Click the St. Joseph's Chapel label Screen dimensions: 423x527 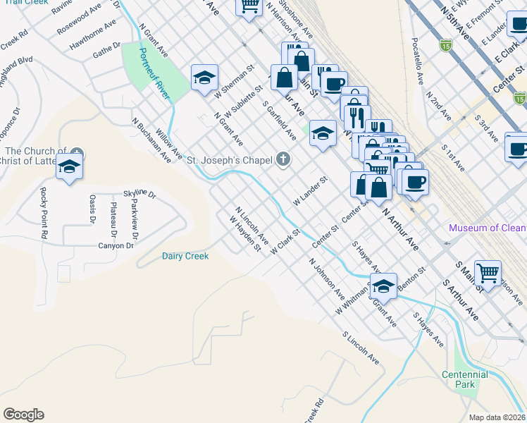pos(229,160)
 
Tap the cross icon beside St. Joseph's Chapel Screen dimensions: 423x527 pos(283,159)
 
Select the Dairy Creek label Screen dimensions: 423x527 pos(185,256)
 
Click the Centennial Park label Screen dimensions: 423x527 pos(464,379)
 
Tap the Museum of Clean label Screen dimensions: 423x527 pos(487,228)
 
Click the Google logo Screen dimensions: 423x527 pos(23,415)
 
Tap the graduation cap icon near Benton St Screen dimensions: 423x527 pos(383,286)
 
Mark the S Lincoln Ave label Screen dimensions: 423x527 pos(360,348)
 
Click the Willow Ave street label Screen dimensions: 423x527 pos(169,142)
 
